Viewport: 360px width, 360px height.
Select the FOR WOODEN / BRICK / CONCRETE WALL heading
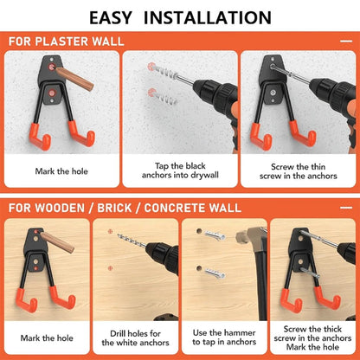(x=119, y=208)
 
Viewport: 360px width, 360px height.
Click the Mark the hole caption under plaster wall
(x=61, y=170)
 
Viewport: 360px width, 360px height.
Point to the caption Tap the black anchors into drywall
(x=179, y=175)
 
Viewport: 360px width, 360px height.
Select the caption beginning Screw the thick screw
(x=312, y=339)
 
